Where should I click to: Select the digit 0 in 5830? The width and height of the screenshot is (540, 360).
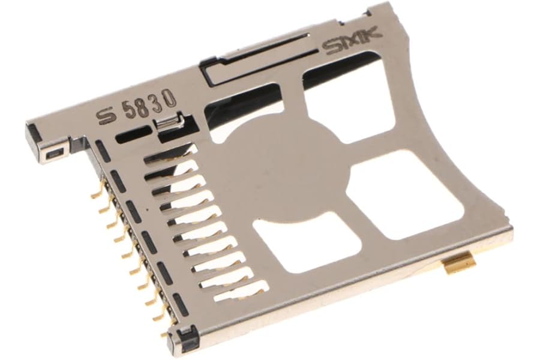pos(170,98)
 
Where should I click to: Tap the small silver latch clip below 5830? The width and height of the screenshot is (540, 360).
pos(169,123)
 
